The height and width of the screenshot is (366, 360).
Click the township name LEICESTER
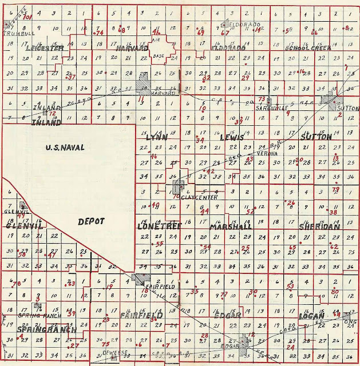43,49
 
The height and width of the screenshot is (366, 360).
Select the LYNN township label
156,138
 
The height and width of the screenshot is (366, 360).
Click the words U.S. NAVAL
65,148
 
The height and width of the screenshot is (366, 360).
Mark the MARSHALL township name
231,227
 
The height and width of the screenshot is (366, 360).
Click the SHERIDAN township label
319,227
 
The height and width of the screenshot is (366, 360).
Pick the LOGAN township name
311,316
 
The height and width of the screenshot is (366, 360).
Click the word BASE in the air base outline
159,56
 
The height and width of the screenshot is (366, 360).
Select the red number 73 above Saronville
262,100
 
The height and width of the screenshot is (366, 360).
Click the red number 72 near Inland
53,114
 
